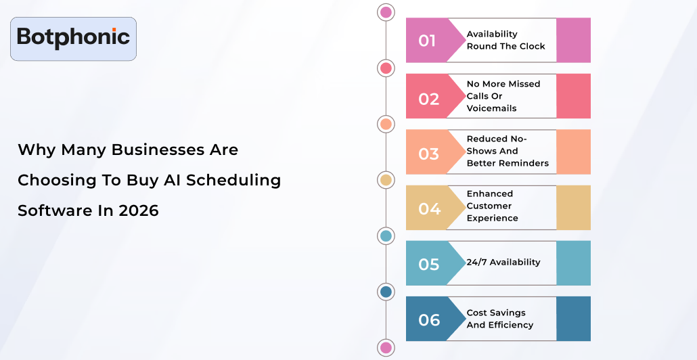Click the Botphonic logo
[73, 38]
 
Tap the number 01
[427, 41]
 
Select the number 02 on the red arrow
[428, 99]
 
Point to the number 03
[428, 154]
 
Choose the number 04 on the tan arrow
[429, 209]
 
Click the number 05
[429, 264]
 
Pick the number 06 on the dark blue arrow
[429, 319]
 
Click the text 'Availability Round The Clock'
[505, 40]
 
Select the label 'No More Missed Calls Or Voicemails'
[503, 96]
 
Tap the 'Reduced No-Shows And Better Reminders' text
[508, 151]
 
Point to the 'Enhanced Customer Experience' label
[493, 206]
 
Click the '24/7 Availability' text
[503, 262]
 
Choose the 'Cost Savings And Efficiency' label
[500, 319]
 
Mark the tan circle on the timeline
[386, 180]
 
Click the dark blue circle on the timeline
[386, 292]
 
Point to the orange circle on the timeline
[386, 124]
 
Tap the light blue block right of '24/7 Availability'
[573, 263]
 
